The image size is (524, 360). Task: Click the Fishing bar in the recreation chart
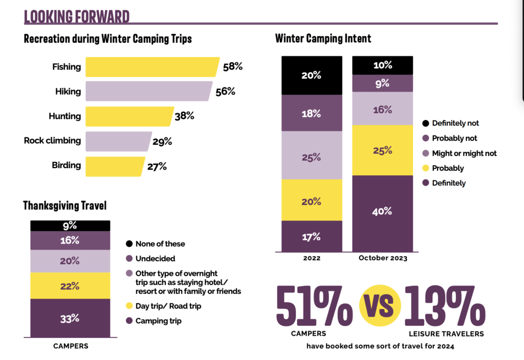[x=152, y=66]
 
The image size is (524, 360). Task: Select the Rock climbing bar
[x=118, y=141]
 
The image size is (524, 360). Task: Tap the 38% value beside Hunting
[x=184, y=116]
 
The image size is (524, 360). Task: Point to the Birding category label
[x=66, y=166]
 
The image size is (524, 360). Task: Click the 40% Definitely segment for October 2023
[x=382, y=211]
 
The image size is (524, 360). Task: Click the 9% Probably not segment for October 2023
[x=382, y=83]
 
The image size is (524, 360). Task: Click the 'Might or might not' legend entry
[x=458, y=153]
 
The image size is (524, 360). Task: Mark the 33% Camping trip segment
[x=70, y=318]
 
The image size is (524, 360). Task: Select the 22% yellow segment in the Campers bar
[x=70, y=286]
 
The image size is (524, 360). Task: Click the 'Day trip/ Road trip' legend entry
[x=163, y=306]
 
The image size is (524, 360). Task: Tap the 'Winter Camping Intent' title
[x=323, y=38]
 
